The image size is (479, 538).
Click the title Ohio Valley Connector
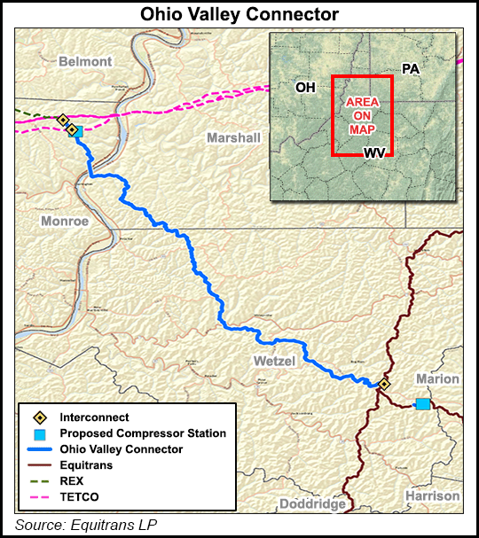[239, 14]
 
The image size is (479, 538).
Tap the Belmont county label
[85, 61]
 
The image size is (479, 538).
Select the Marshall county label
[233, 137]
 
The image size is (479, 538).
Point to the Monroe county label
[65, 221]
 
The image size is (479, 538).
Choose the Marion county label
[438, 378]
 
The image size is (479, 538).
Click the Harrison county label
[433, 495]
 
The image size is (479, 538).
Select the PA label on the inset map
[410, 68]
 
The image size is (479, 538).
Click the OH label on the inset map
[306, 87]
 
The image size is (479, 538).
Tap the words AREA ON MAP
[362, 115]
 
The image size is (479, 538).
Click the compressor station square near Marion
[423, 403]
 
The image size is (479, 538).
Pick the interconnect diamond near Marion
[384, 384]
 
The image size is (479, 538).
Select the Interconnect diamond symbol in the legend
[39, 417]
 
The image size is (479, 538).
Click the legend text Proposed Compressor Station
[143, 433]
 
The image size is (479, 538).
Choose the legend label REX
[72, 480]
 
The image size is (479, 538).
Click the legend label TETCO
[80, 496]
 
